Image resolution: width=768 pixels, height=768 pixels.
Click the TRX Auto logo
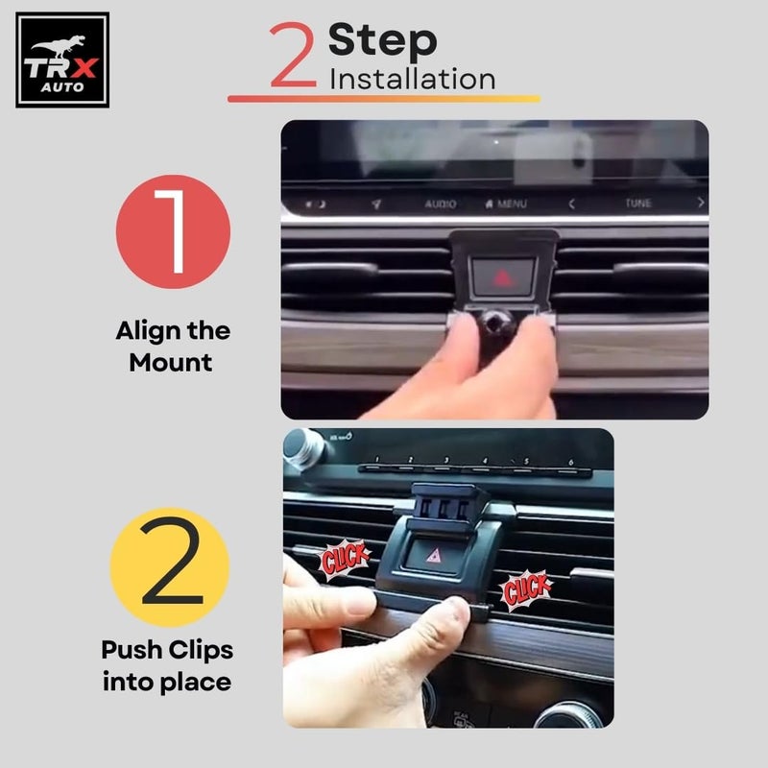tap(62, 60)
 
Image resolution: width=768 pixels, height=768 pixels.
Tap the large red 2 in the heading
tap(291, 57)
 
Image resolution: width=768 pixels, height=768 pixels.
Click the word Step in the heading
tap(382, 41)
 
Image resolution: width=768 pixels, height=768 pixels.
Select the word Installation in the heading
tap(412, 79)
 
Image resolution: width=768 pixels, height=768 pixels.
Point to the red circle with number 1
tap(174, 231)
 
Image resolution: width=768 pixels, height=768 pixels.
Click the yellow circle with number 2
tap(170, 567)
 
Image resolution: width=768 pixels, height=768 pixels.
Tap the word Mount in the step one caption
tap(171, 363)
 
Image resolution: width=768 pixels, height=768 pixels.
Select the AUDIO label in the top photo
tap(441, 204)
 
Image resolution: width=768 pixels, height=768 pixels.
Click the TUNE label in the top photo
tap(638, 204)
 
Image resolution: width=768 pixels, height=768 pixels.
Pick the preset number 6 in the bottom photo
tap(570, 463)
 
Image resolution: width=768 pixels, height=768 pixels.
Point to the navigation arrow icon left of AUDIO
tap(376, 204)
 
